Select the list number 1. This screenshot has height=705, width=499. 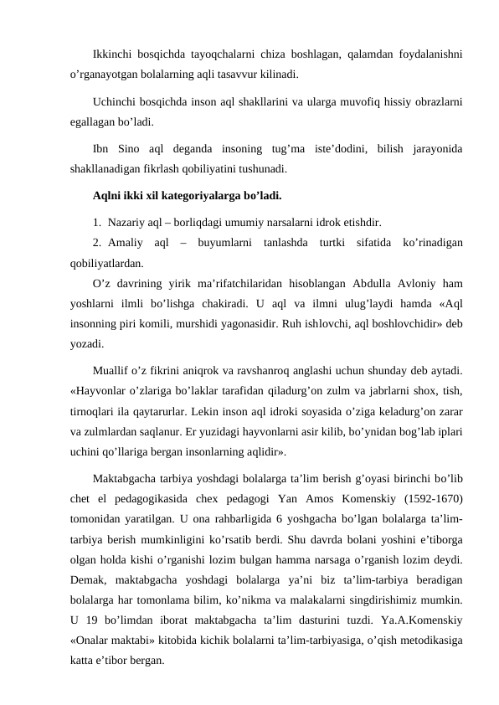(97, 223)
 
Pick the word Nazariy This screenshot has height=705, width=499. (125, 223)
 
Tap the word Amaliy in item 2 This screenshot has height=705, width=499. (126, 243)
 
